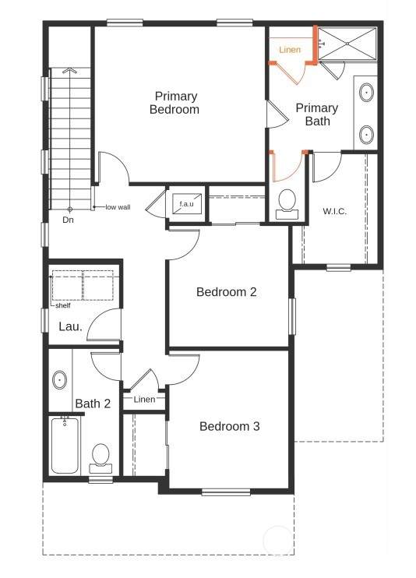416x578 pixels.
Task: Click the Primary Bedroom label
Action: coord(175,103)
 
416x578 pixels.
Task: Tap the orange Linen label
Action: coord(290,50)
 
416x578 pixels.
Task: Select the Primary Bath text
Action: coord(317,115)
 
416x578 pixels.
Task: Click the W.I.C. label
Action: coord(335,211)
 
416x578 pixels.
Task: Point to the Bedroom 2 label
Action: coord(227,292)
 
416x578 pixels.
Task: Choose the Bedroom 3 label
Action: coord(229,427)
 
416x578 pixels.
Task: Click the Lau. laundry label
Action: coord(70,326)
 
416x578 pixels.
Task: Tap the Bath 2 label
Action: coord(93,404)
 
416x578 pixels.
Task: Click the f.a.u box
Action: coord(187,203)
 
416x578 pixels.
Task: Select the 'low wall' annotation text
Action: coord(118,207)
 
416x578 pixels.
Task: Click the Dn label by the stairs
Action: coord(69,220)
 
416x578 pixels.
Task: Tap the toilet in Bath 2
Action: coord(100,459)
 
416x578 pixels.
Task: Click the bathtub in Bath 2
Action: coord(65,446)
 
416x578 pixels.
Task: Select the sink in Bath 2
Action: coord(59,379)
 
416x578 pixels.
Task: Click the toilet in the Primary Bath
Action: coord(287,205)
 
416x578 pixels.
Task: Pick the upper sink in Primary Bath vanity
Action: coord(367,93)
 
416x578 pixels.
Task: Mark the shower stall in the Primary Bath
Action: coord(347,44)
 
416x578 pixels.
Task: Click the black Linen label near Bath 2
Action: coord(145,400)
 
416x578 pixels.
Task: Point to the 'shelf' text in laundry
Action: coord(63,305)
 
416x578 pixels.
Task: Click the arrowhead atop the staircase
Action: coord(69,70)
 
